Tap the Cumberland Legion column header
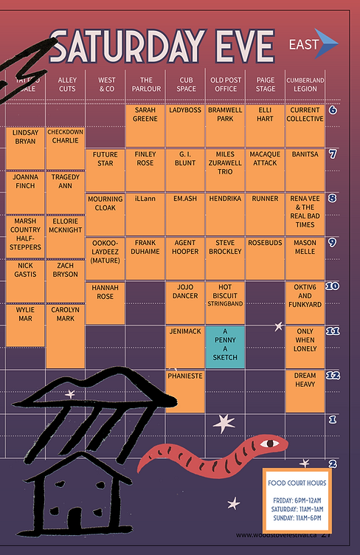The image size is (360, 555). pos(305,84)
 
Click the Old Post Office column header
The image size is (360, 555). pos(225,84)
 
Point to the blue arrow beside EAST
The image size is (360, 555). pos(328,45)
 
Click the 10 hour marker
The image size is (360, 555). pos(332,286)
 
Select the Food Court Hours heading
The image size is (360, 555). pos(297,483)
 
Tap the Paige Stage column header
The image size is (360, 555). pos(265,84)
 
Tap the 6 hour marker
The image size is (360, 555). pos(332,111)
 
